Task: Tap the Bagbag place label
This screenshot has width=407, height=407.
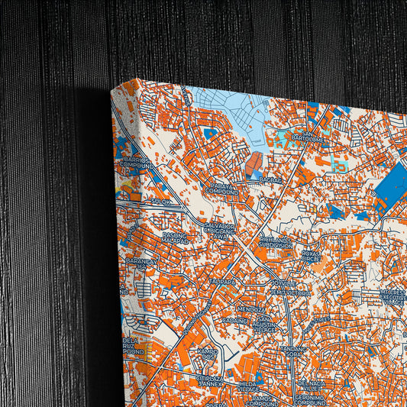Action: (x=270, y=179)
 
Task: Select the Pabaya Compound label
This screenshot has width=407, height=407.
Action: (x=222, y=189)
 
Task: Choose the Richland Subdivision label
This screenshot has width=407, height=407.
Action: (x=276, y=243)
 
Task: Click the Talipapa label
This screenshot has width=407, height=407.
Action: (x=224, y=281)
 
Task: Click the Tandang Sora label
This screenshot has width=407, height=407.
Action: (x=292, y=352)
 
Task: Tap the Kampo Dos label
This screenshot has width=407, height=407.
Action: (x=208, y=354)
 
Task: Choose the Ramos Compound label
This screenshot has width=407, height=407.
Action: (x=266, y=401)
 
